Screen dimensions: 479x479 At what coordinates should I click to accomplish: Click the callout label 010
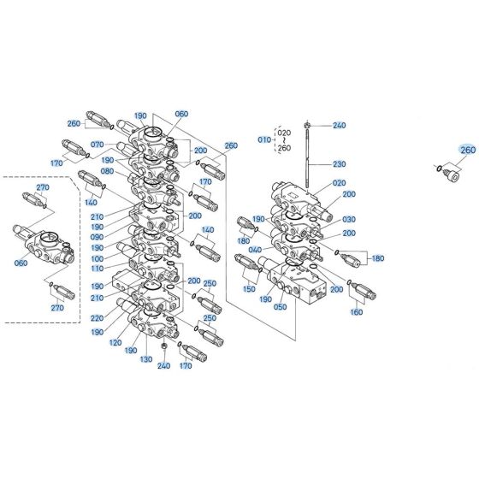pyautogui.click(x=263, y=139)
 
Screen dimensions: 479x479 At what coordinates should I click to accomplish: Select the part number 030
pyautogui.click(x=348, y=218)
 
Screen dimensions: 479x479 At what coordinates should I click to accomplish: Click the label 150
pyautogui.click(x=250, y=290)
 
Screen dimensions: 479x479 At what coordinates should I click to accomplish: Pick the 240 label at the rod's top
pyautogui.click(x=340, y=125)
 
